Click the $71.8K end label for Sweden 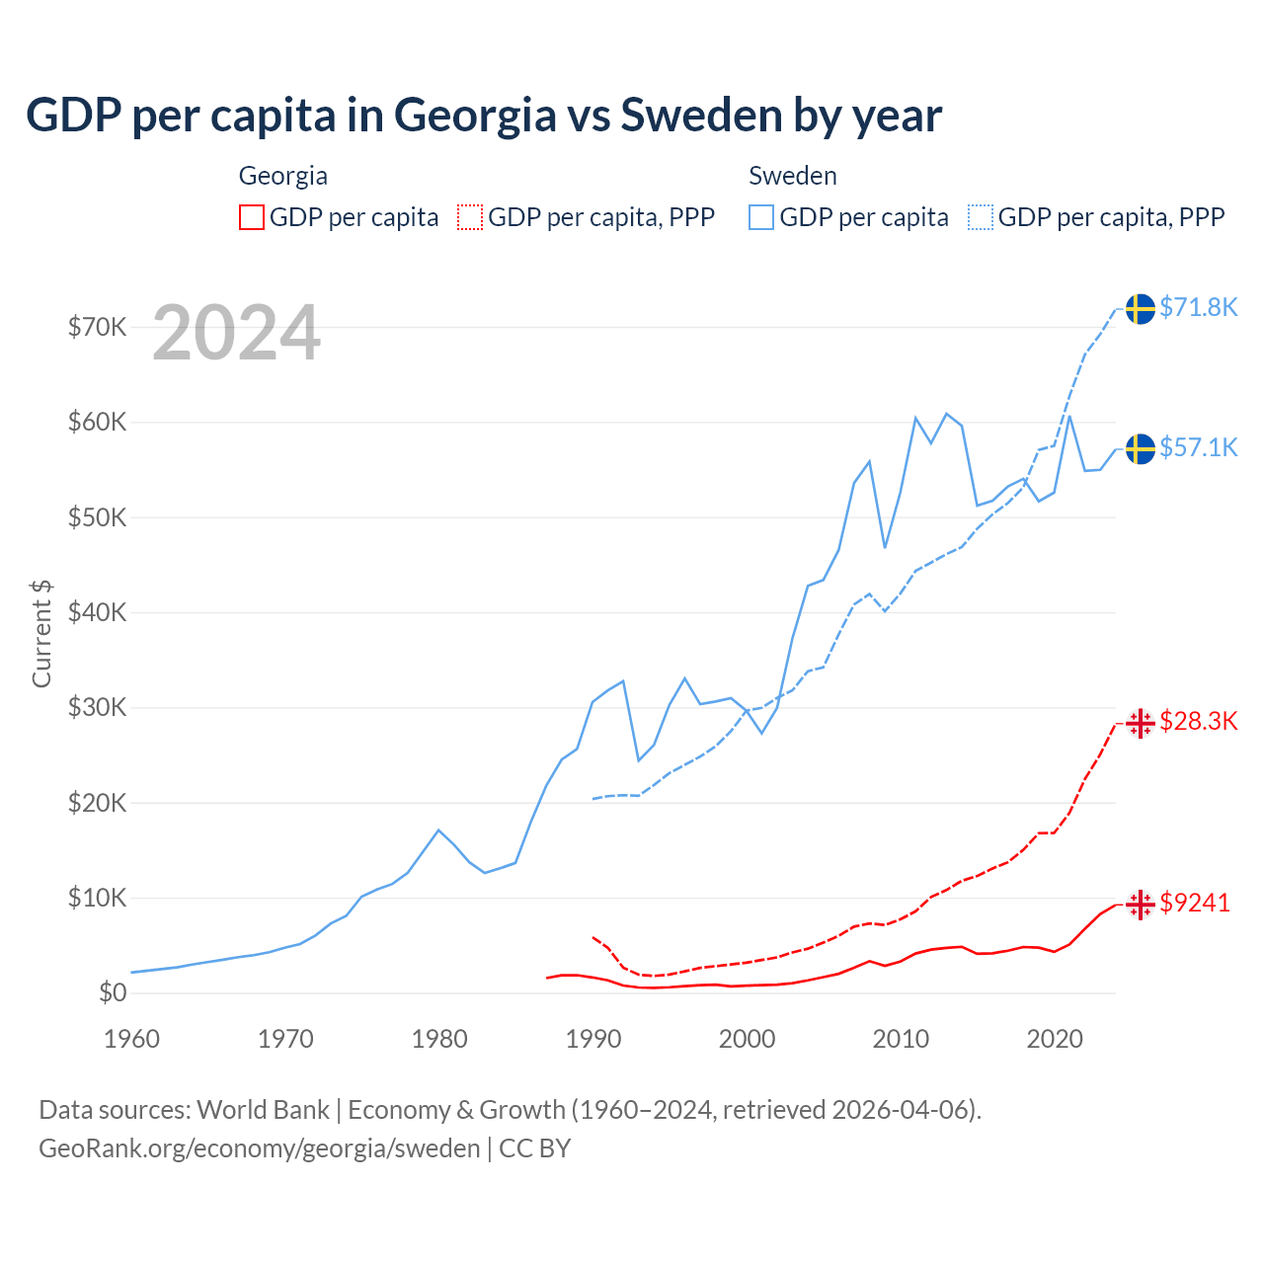point(1198,307)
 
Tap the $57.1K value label point(1198,447)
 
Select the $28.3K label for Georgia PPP point(1198,721)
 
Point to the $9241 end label point(1195,903)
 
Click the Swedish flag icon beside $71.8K point(1141,309)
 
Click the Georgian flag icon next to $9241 point(1141,904)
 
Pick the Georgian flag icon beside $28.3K point(1141,723)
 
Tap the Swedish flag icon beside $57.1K point(1141,449)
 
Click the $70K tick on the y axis point(97,327)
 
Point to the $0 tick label point(113,992)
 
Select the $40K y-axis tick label point(97,612)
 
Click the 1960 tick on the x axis point(131,1039)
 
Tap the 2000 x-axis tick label point(747,1039)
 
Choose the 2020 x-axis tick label point(1055,1039)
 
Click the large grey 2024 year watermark point(237,333)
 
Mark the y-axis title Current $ point(41,633)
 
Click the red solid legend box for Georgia point(252,217)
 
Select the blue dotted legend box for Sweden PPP point(981,217)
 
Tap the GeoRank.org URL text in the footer point(259,1148)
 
